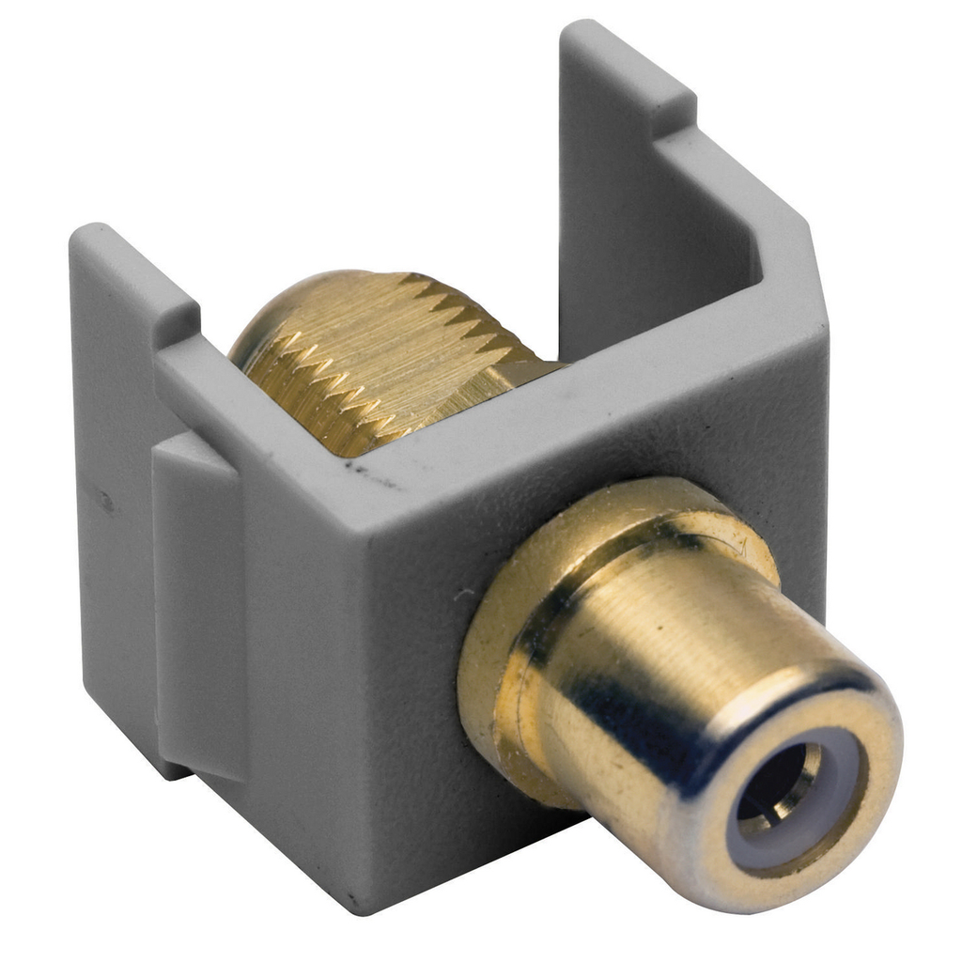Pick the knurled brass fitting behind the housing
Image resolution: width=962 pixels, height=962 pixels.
click(376, 366)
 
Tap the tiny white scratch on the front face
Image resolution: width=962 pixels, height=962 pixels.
click(460, 595)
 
